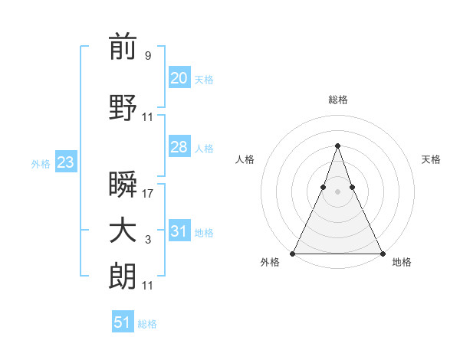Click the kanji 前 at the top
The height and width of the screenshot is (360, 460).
[123, 47]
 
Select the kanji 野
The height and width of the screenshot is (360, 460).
[123, 110]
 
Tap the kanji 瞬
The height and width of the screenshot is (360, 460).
[123, 185]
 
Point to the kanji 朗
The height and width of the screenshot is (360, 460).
[123, 277]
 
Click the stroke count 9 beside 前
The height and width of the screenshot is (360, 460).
[147, 55]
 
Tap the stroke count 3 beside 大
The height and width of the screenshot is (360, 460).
[147, 240]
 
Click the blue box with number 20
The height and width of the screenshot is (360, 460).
[179, 77]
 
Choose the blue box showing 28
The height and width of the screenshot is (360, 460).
[179, 147]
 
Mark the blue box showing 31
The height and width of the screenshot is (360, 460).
[179, 231]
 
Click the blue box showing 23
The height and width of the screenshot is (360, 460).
[65, 162]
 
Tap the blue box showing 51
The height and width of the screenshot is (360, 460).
[123, 322]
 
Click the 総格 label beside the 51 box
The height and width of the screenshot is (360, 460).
[147, 324]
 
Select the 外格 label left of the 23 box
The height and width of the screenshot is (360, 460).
[41, 163]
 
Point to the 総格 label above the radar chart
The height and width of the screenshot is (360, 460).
[338, 100]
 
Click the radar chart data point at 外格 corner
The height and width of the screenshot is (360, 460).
[293, 254]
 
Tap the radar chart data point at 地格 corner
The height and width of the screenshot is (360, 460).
[383, 254]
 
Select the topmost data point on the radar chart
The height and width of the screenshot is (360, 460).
[337, 146]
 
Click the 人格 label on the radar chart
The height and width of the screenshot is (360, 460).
[245, 159]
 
